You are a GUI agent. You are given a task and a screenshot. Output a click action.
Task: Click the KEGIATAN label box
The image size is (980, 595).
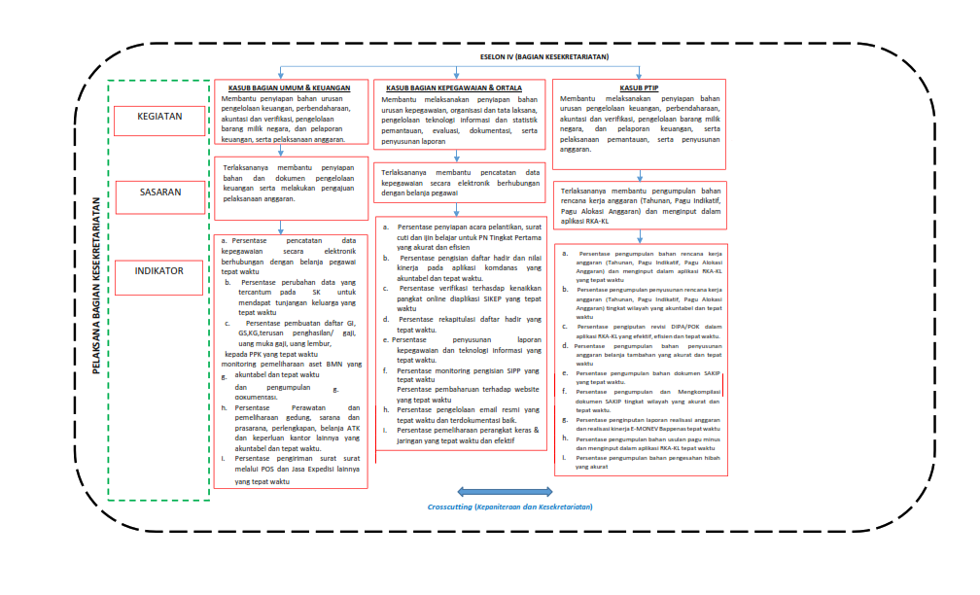tap(160, 121)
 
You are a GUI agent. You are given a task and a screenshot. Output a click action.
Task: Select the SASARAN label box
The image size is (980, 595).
tap(160, 193)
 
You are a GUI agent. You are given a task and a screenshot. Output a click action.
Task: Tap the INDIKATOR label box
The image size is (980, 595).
tap(160, 271)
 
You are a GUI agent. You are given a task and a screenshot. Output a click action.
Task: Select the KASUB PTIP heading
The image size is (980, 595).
tap(638, 87)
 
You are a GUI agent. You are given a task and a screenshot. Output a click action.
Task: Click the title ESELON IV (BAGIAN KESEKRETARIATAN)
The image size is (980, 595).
tap(544, 57)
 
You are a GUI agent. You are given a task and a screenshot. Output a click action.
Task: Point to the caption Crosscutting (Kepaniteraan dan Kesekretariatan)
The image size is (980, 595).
tap(509, 507)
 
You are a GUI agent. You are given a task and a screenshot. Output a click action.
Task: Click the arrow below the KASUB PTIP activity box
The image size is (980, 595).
tap(638, 174)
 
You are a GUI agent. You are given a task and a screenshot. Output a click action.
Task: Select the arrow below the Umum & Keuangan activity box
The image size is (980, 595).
tap(282, 150)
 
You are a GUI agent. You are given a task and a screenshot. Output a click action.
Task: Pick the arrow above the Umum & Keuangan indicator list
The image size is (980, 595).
tap(282, 227)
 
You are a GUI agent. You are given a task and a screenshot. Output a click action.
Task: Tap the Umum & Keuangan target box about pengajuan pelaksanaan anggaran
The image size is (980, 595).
tap(291, 184)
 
